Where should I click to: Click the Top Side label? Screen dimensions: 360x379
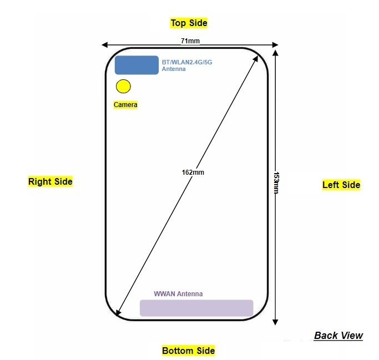pos(189,23)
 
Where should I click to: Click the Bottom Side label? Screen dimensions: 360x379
pos(188,351)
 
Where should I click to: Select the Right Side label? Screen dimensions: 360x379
pos(50,181)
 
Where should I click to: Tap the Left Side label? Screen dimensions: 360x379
pos(341,185)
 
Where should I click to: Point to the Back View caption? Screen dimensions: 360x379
pos(338,335)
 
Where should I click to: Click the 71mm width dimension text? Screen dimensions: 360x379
pos(190,40)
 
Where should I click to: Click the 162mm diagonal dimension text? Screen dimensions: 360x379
pos(193,172)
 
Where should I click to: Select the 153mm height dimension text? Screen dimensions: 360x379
pos(276,182)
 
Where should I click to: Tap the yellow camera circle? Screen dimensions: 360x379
pos(123,87)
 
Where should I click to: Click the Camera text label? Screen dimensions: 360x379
pos(125,104)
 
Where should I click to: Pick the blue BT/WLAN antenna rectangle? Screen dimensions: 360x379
pos(137,65)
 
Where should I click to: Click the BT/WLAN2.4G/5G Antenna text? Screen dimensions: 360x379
pos(186,65)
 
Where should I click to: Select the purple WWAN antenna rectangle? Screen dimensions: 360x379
pos(196,308)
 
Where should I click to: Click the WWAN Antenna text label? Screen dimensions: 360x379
pos(178,294)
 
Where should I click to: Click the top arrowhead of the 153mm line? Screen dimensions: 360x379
pos(276,50)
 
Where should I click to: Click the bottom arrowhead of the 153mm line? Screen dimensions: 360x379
pos(276,322)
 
